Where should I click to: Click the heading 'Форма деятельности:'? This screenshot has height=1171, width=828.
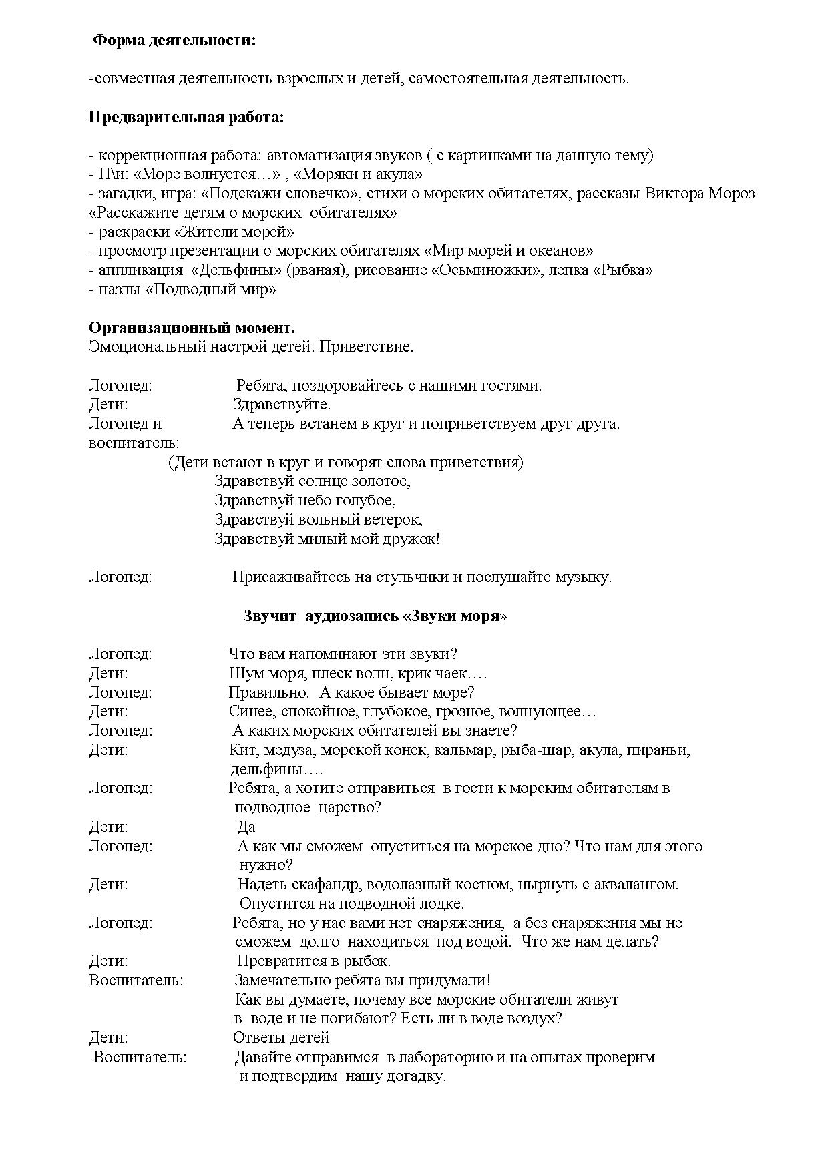174,41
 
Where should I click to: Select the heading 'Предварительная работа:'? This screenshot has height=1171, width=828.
186,118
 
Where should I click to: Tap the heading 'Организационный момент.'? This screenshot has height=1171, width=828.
192,328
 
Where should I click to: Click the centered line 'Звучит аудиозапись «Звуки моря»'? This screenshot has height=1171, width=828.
375,616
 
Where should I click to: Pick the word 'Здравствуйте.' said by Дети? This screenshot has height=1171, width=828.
282,405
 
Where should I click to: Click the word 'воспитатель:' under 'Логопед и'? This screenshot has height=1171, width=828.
134,443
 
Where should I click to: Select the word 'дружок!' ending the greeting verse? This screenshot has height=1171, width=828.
411,539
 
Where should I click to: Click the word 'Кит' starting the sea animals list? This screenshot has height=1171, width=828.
240,750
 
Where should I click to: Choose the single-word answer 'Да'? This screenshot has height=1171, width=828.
246,827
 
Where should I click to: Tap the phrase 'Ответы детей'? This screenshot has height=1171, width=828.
281,1038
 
